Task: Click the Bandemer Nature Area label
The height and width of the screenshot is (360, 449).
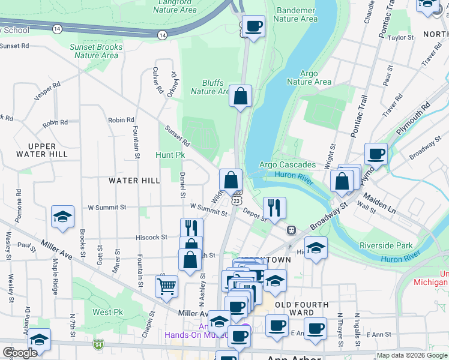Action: [295, 14]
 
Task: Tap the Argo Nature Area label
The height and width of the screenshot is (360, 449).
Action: [309, 77]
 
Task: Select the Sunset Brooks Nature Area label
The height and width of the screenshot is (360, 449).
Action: [96, 51]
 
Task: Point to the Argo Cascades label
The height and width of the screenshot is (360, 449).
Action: [287, 164]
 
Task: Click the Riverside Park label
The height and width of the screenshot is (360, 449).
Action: [386, 245]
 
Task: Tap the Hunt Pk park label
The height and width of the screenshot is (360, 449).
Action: [170, 155]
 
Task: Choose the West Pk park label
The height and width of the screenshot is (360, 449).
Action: [107, 312]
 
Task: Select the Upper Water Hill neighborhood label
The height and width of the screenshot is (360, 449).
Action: [41, 150]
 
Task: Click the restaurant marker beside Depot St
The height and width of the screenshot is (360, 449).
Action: [274, 208]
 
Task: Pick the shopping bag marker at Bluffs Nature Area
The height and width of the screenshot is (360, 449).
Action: [240, 96]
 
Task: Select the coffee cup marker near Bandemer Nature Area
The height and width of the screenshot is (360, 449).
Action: [253, 26]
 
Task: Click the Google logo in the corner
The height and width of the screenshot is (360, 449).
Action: [20, 352]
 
